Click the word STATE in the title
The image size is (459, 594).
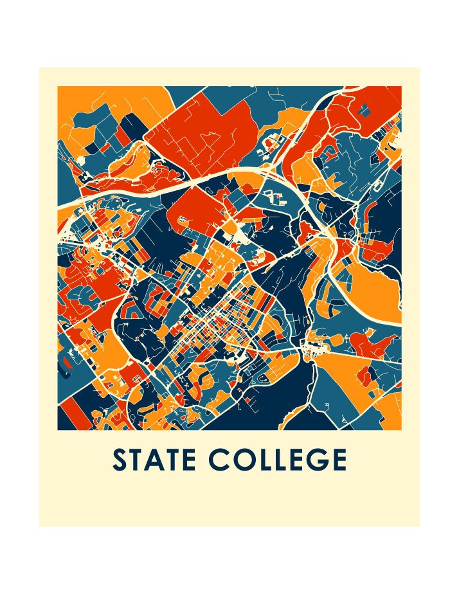pyautogui.click(x=155, y=460)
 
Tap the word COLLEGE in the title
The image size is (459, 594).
pyautogui.click(x=278, y=460)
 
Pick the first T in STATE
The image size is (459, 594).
pyautogui.click(x=137, y=460)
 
